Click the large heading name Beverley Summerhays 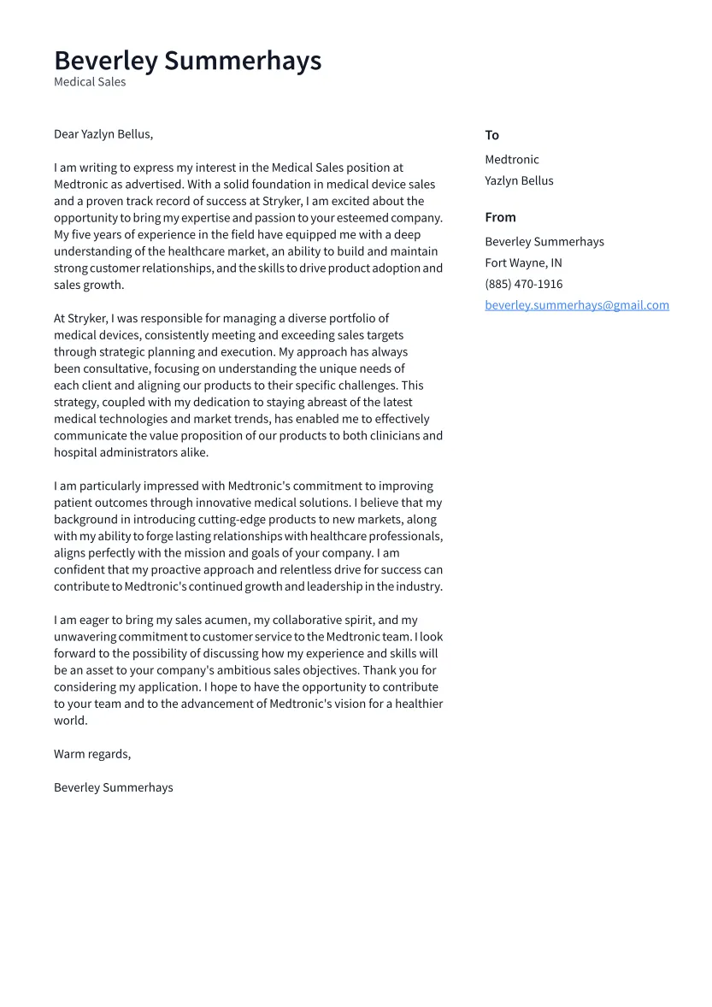click(x=187, y=61)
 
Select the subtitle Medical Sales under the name click(x=90, y=82)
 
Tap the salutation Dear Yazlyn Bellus click(x=103, y=134)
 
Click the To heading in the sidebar click(x=491, y=135)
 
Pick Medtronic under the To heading click(x=511, y=160)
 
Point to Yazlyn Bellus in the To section click(x=519, y=181)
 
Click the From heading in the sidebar click(x=500, y=217)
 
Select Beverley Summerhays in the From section click(x=544, y=242)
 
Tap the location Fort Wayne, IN click(x=523, y=263)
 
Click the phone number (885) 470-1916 click(x=523, y=285)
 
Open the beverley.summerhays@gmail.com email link click(x=576, y=305)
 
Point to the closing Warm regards click(x=91, y=754)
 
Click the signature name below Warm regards click(x=113, y=787)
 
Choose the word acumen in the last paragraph click(x=232, y=621)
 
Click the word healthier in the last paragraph click(x=418, y=704)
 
